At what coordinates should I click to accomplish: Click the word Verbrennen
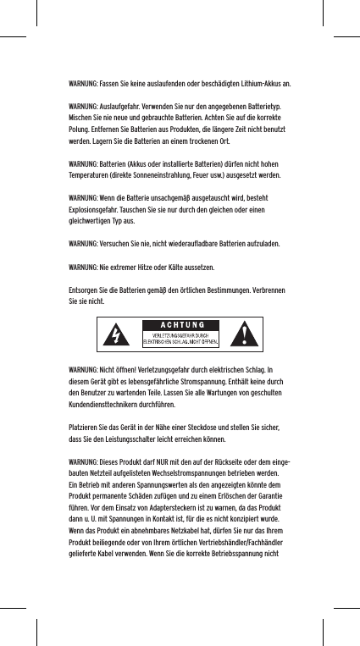click(269, 291)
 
